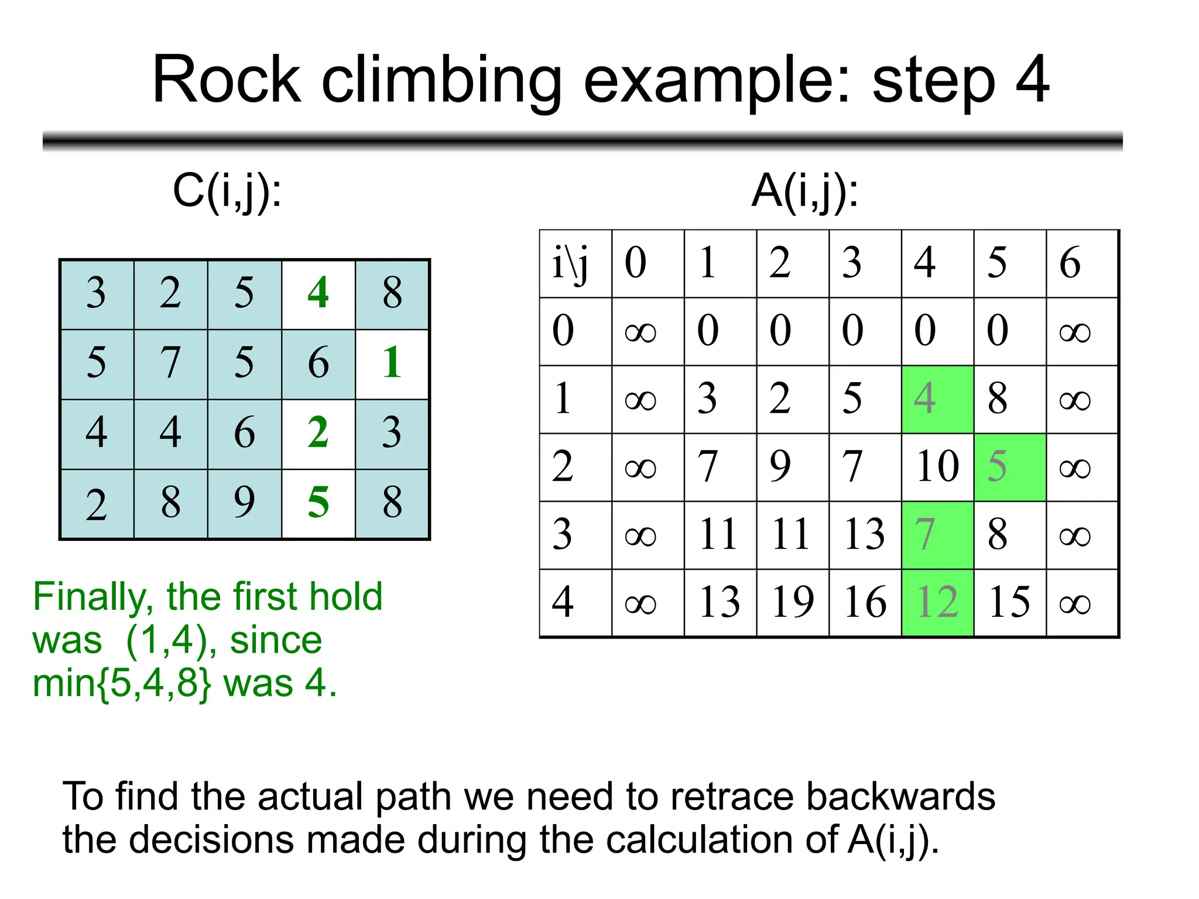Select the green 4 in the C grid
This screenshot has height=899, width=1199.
318,293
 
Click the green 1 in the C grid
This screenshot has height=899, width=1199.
392,363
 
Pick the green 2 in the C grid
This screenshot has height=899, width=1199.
318,433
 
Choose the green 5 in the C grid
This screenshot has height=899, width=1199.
318,503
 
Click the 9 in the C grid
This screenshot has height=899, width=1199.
244,503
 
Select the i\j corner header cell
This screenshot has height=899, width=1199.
575,263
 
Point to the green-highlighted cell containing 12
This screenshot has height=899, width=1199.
937,602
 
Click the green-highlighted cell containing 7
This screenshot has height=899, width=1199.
937,534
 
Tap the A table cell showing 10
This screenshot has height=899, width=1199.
937,466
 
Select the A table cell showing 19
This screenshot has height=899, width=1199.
792,602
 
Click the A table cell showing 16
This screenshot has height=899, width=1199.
865,602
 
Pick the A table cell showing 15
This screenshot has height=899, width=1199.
1009,602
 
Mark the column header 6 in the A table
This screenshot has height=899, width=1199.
1082,263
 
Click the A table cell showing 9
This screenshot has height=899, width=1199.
792,466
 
